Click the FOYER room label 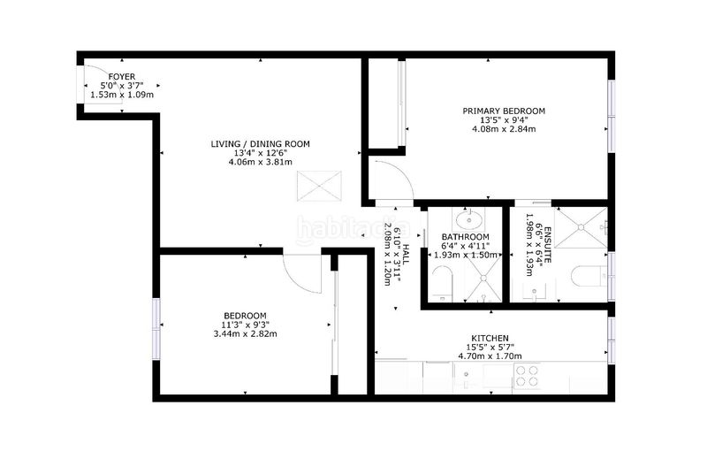122,77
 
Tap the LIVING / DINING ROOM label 260,144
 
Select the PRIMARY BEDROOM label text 504,111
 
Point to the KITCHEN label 490,338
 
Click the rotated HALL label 406,255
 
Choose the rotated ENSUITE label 548,245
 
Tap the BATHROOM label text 466,237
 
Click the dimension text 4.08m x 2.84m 504,129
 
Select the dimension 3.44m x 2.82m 245,334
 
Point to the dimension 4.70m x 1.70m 490,356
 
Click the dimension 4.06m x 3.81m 260,162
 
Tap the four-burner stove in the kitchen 527,377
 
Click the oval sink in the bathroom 469,221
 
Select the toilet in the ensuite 589,276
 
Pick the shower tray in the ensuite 581,227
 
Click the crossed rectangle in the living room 319,186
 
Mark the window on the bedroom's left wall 156,329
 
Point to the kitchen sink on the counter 467,377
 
